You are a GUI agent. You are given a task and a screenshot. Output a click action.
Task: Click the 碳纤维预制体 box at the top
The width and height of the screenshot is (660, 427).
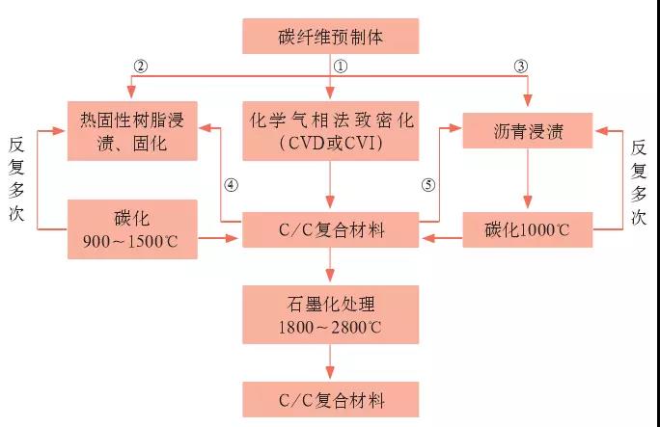(x=330, y=39)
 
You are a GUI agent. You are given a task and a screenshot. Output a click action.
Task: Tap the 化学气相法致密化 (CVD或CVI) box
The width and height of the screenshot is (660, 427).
(x=330, y=130)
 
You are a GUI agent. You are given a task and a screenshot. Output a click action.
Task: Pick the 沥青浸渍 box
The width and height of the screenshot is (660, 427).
(x=528, y=130)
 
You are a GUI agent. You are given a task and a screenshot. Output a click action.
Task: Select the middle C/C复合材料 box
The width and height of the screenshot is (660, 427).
(x=330, y=230)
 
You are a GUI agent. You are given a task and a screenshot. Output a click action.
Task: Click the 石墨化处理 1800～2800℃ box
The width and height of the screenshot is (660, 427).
(x=330, y=314)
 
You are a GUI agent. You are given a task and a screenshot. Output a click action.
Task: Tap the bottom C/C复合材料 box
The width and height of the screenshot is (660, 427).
(x=330, y=397)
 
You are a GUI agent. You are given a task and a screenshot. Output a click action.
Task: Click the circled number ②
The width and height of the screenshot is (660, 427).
(x=141, y=66)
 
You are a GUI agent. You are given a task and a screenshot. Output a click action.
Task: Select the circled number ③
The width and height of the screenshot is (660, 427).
(x=521, y=66)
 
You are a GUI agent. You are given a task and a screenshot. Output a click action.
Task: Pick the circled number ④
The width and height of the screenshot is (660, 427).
(x=230, y=184)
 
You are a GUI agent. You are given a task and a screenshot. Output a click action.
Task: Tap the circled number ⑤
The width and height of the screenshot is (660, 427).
(x=430, y=184)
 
